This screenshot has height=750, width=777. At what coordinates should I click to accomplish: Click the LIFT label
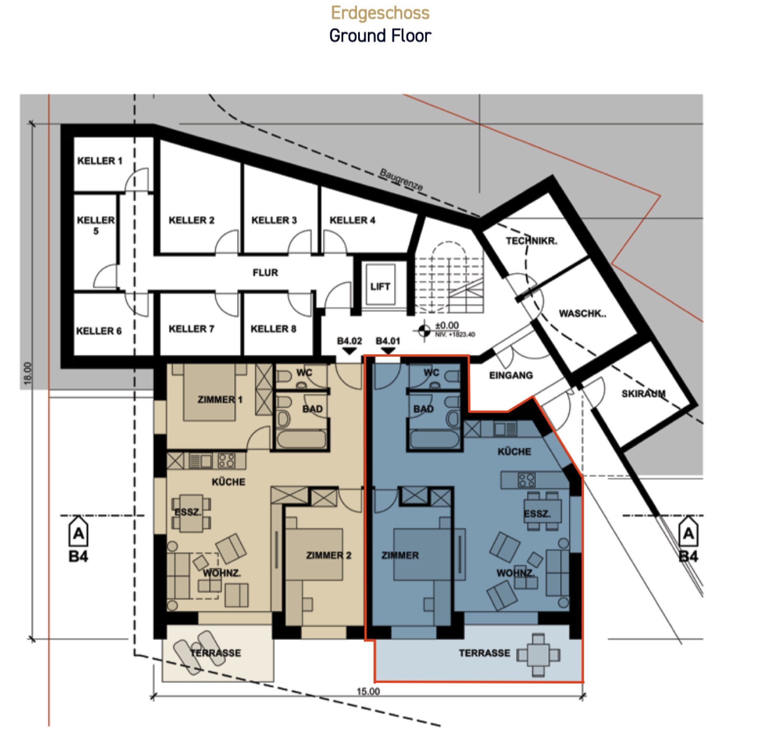pyautogui.click(x=380, y=286)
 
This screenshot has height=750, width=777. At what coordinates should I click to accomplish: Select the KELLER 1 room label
pyautogui.click(x=100, y=161)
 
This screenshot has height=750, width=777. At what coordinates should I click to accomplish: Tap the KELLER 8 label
pyautogui.click(x=273, y=328)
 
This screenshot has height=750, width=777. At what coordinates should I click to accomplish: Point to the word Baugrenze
pyautogui.click(x=401, y=179)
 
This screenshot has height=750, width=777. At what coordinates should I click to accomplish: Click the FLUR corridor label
pyautogui.click(x=265, y=273)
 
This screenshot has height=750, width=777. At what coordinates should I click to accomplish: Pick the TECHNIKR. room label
pyautogui.click(x=531, y=241)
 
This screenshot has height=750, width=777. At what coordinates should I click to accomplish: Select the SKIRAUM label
pyautogui.click(x=643, y=393)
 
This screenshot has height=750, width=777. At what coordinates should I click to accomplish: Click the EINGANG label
pyautogui.click(x=511, y=375)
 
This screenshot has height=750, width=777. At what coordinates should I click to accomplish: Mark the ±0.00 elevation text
pyautogui.click(x=447, y=325)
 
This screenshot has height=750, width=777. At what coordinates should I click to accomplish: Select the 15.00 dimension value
pyautogui.click(x=368, y=691)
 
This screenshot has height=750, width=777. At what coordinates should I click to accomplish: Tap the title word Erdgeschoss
pyautogui.click(x=380, y=13)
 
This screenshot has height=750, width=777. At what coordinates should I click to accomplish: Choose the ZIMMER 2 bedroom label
pyautogui.click(x=329, y=555)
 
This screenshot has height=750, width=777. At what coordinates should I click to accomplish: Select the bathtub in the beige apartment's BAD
pyautogui.click(x=301, y=439)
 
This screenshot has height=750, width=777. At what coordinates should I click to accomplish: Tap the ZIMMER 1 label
pyautogui.click(x=220, y=400)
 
